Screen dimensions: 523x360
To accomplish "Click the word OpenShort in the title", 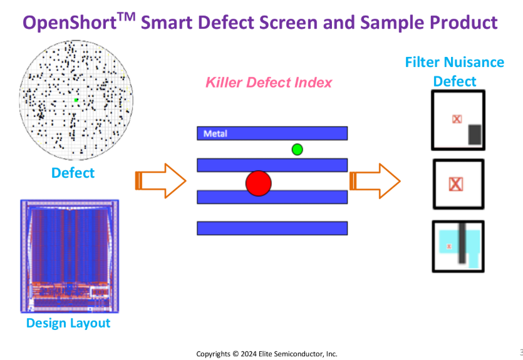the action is pyautogui.click(x=70, y=23).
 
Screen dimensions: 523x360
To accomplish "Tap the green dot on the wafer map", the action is pyautogui.click(x=76, y=100).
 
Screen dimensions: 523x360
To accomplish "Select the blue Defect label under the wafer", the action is pyautogui.click(x=73, y=173).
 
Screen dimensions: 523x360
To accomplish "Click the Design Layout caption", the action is pyautogui.click(x=68, y=323).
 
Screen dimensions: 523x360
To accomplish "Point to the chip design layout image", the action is pyautogui.click(x=70, y=256).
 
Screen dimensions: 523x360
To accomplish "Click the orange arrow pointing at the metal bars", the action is pyautogui.click(x=160, y=181).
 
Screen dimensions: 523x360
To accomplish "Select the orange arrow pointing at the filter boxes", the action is pyautogui.click(x=375, y=181).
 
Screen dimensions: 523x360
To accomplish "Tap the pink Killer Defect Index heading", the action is pyautogui.click(x=269, y=83).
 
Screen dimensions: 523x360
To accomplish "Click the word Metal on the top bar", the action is pyautogui.click(x=215, y=133).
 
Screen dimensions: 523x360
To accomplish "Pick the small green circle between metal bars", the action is pyautogui.click(x=297, y=150).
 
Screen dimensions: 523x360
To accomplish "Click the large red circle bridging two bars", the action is pyautogui.click(x=259, y=183).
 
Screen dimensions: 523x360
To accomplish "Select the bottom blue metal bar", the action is pyautogui.click(x=272, y=229).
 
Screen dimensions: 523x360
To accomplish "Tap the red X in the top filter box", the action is pyautogui.click(x=457, y=119).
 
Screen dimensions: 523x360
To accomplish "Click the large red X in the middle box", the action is pyautogui.click(x=456, y=184).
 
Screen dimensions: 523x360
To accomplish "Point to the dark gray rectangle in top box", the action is pyautogui.click(x=475, y=135).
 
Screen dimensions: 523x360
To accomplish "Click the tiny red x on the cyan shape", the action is pyautogui.click(x=449, y=246).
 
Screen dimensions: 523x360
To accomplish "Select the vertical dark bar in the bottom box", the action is pyautogui.click(x=462, y=243).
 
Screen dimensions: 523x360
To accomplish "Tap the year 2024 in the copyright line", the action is pyautogui.click(x=249, y=354).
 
